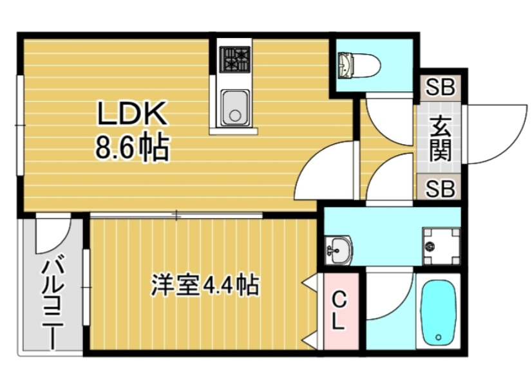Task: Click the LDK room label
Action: pyautogui.click(x=132, y=114)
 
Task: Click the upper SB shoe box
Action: pyautogui.click(x=441, y=87)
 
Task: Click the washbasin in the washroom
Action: pyautogui.click(x=339, y=250)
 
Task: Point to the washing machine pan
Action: pyautogui.click(x=442, y=246)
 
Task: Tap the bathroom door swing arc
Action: pyautogui.click(x=388, y=296)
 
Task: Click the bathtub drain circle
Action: pyautogui.click(x=438, y=337)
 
